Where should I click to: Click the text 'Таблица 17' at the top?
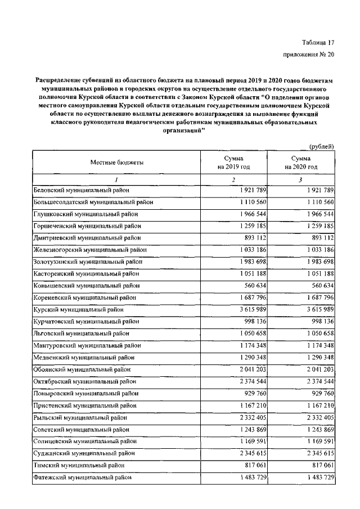pyautogui.click(x=318, y=42)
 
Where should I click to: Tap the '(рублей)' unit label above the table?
pyautogui.click(x=322, y=147)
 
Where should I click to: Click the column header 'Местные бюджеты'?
pyautogui.click(x=116, y=163)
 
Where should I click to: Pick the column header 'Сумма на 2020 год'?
pyautogui.click(x=301, y=163)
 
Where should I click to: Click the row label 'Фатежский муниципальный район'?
pyautogui.click(x=83, y=477)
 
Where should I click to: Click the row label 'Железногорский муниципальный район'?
pyautogui.click(x=90, y=249)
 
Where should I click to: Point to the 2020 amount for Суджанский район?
pyautogui.click(x=318, y=452)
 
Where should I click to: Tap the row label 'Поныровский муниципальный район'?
pyautogui.click(x=86, y=393)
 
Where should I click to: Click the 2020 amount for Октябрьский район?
pyautogui.click(x=318, y=381)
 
